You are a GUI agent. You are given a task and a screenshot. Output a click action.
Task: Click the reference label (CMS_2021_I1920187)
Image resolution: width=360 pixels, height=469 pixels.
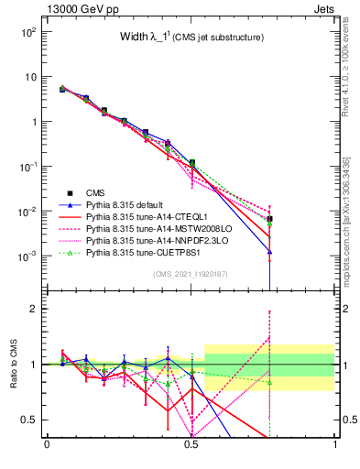(x=190, y=273)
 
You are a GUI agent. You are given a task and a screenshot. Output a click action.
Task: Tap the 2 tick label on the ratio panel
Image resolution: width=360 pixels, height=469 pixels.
(x=33, y=309)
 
